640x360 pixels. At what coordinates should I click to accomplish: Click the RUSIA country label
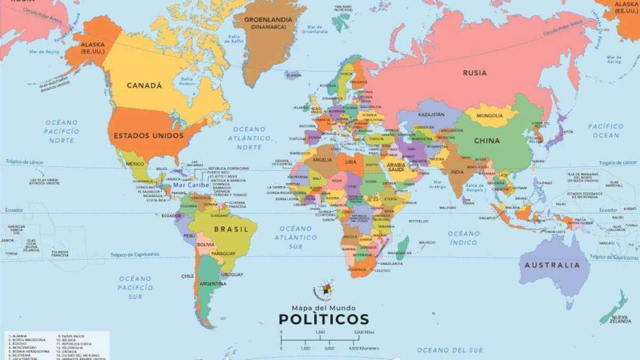[474, 73]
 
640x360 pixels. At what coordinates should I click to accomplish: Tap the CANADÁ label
[144, 85]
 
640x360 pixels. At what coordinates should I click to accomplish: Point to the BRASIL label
[231, 229]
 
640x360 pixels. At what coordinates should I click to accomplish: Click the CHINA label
[487, 141]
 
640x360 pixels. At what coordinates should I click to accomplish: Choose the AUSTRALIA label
[552, 265]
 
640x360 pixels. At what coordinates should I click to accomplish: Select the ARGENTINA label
[213, 284]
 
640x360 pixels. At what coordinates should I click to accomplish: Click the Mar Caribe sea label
[191, 185]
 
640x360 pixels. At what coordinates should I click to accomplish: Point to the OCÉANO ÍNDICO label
[463, 238]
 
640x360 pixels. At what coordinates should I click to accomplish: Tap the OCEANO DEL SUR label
[450, 350]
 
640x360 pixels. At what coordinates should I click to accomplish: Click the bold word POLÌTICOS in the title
[324, 319]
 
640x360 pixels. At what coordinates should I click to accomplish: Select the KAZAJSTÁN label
[431, 115]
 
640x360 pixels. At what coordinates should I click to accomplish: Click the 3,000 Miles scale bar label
[364, 332]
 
